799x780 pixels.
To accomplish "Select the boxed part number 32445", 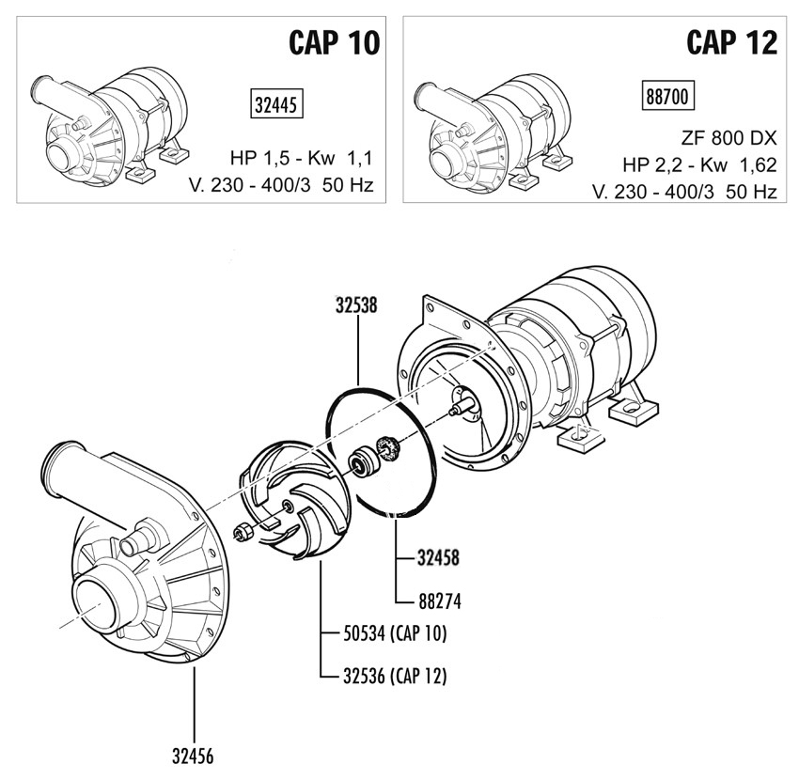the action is tap(276, 104).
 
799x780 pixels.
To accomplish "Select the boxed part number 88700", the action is tap(667, 96).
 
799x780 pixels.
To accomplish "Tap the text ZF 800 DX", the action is tap(728, 138).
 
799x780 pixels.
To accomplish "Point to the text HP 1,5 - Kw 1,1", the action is tap(301, 158).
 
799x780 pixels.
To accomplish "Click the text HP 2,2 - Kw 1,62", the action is tap(699, 165).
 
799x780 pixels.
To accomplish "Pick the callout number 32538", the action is tap(356, 304).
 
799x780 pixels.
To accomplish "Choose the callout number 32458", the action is tap(438, 558).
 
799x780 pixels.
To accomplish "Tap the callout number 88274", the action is tap(440, 601).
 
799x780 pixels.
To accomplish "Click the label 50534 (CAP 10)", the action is tap(395, 633).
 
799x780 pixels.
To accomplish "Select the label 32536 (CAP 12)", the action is tap(395, 676).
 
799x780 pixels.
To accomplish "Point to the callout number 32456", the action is tap(193, 757).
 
